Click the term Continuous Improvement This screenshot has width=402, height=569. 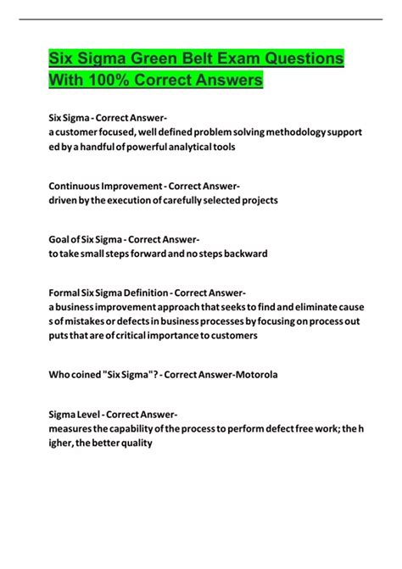pos(102,187)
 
